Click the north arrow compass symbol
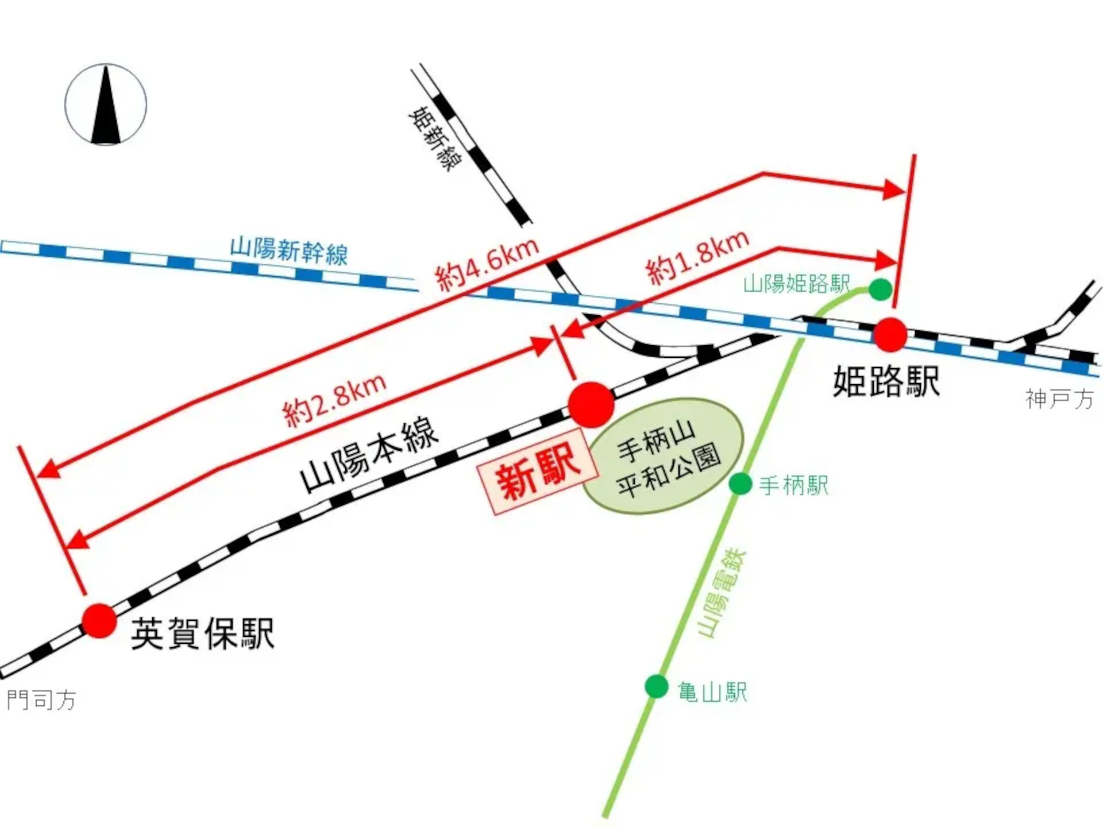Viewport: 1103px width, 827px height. (x=106, y=105)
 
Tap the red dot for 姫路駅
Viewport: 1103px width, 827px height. (x=890, y=334)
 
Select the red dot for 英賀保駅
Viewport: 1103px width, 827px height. (x=99, y=621)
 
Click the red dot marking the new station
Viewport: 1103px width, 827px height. (x=591, y=404)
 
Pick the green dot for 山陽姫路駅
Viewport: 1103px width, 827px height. (x=880, y=289)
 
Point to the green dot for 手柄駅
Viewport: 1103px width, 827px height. (x=741, y=484)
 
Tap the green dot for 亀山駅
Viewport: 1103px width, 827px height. (x=657, y=686)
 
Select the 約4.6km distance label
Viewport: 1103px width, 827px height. (x=487, y=265)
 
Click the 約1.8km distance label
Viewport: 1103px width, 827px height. (x=697, y=257)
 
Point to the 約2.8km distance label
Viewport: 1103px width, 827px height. (x=334, y=400)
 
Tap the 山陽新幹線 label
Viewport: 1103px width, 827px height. (x=289, y=252)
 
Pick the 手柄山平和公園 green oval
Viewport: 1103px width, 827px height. (x=664, y=455)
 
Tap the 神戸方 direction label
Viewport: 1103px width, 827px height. (x=1059, y=399)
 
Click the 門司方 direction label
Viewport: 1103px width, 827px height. (x=41, y=700)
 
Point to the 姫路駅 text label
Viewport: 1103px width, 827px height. (x=886, y=381)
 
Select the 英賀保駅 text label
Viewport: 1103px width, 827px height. (x=203, y=633)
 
